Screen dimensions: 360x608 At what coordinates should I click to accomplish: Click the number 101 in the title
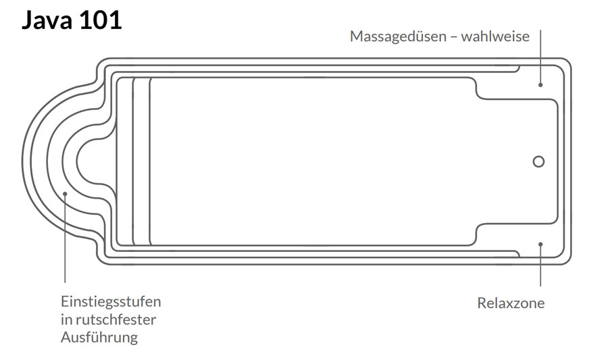tap(100, 20)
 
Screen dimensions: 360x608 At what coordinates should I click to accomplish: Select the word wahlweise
tap(495, 36)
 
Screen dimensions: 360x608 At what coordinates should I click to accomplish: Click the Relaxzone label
tap(511, 303)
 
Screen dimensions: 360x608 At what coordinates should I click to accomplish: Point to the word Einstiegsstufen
tap(111, 301)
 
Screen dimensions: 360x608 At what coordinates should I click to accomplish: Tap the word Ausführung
tap(99, 337)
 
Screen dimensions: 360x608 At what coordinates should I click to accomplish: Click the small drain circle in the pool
tap(538, 161)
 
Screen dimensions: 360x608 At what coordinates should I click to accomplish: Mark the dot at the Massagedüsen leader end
tap(540, 85)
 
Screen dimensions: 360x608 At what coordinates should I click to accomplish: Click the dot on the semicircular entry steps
tap(66, 194)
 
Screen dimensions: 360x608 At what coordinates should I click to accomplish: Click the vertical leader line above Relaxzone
tap(540, 267)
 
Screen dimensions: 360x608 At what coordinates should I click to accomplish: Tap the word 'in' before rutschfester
tap(66, 319)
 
